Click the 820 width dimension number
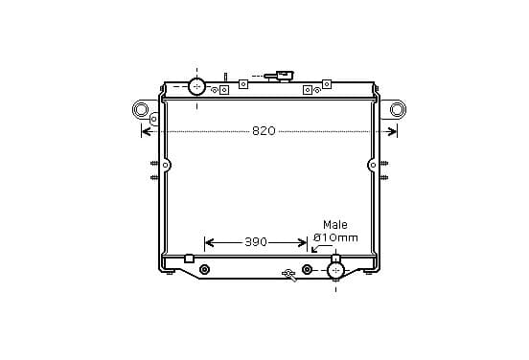point(264,131)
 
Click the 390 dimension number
point(256,242)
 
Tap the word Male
point(335,224)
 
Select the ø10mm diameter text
point(335,238)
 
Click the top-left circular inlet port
point(196,86)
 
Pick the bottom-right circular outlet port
point(335,270)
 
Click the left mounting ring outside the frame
point(140,109)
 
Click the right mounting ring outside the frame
point(398,109)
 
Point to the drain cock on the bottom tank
point(289,275)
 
